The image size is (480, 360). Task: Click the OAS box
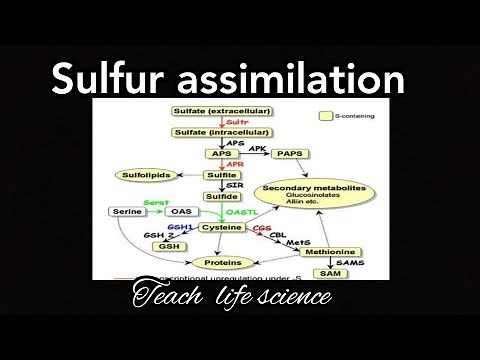181,212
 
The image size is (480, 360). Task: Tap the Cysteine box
222,229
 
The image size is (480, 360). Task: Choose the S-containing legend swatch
326,117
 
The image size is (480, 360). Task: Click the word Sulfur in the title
107,78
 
